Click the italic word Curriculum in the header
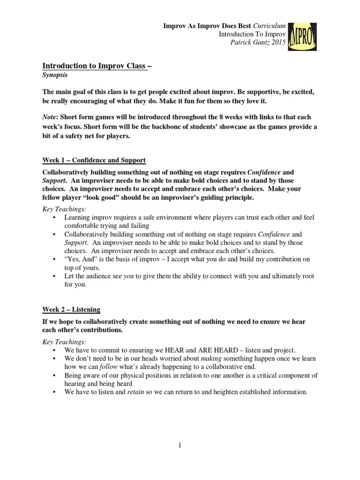[x=269, y=25]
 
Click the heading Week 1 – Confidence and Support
[x=94, y=160]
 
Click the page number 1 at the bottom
[x=180, y=445]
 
